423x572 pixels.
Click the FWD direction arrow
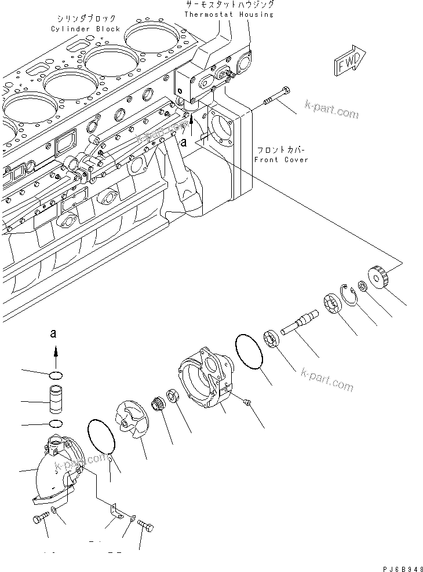click(x=349, y=61)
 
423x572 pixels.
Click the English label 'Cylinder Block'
click(x=85, y=28)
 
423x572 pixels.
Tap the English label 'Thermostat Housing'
click(x=229, y=14)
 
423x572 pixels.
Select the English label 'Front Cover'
click(x=282, y=159)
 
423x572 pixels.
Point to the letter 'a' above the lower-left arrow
click(x=54, y=333)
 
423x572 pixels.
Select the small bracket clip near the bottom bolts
click(x=116, y=509)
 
